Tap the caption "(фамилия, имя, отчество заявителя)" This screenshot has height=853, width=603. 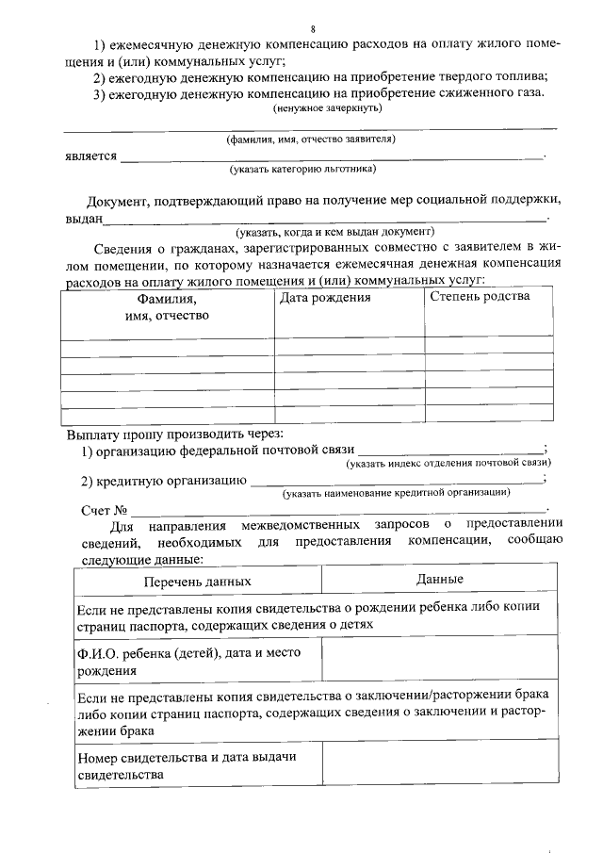[310, 139]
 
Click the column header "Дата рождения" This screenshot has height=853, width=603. [325, 298]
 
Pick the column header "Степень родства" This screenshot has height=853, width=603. [480, 297]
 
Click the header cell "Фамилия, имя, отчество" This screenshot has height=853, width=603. [167, 307]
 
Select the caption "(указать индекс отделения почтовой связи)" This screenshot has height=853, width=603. [448, 464]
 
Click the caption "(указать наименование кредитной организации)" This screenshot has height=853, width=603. [397, 493]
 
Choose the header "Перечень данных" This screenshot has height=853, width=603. [197, 582]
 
